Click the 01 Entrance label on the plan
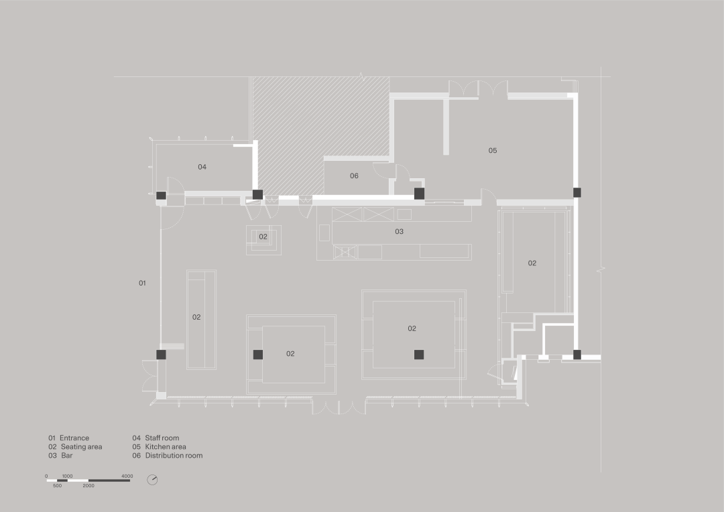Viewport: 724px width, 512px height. tap(142, 283)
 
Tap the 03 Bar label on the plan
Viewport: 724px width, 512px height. tap(399, 232)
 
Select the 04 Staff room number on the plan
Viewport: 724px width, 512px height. tap(202, 167)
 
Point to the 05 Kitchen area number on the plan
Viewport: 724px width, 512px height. tap(493, 151)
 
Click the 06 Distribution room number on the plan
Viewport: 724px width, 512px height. tap(354, 176)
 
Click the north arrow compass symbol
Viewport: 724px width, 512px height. tap(152, 480)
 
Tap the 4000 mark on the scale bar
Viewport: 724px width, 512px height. tap(127, 476)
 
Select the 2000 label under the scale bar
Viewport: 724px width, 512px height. tap(88, 485)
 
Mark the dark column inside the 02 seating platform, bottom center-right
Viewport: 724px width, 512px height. tap(419, 355)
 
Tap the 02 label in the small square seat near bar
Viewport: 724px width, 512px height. tap(263, 237)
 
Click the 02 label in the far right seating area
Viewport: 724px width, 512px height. tap(532, 263)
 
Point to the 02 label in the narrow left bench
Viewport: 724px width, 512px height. tap(196, 317)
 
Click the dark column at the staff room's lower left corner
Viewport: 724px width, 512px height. tap(161, 196)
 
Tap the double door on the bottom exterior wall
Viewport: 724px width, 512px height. tap(339, 407)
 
